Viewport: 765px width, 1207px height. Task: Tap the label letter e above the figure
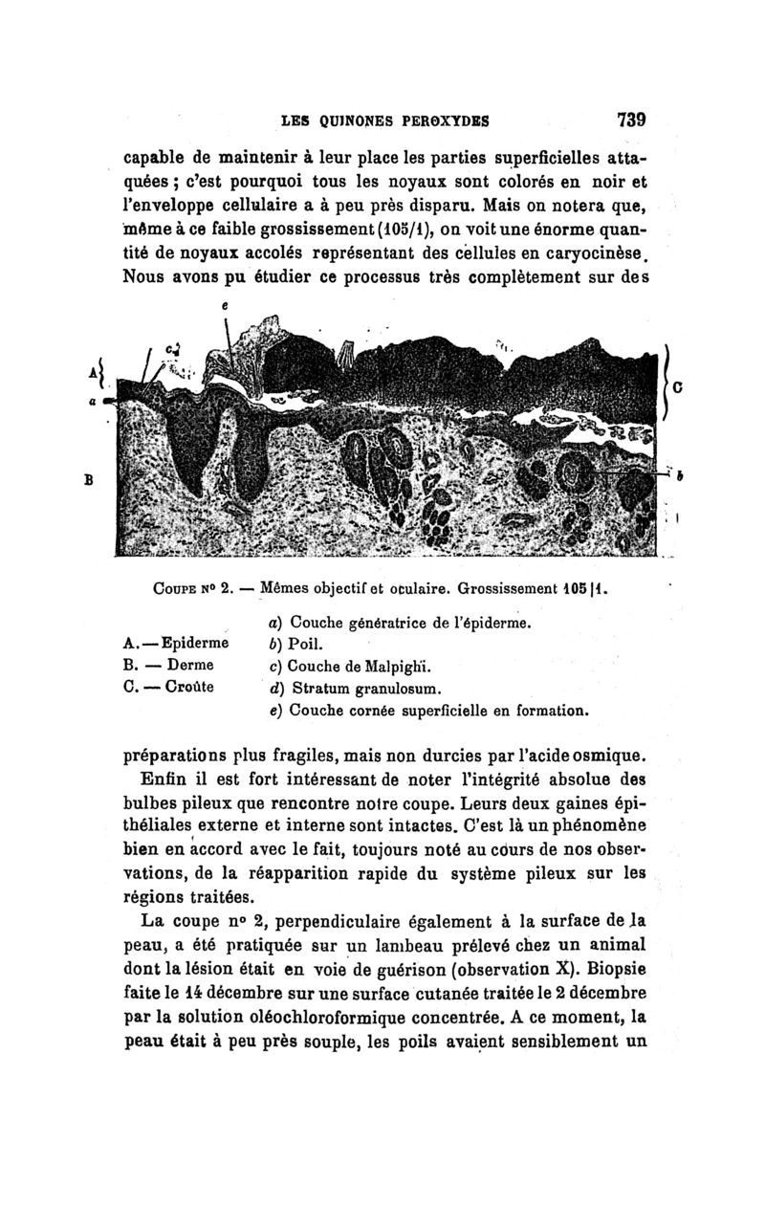[x=225, y=304]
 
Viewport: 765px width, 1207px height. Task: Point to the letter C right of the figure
[x=677, y=388]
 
